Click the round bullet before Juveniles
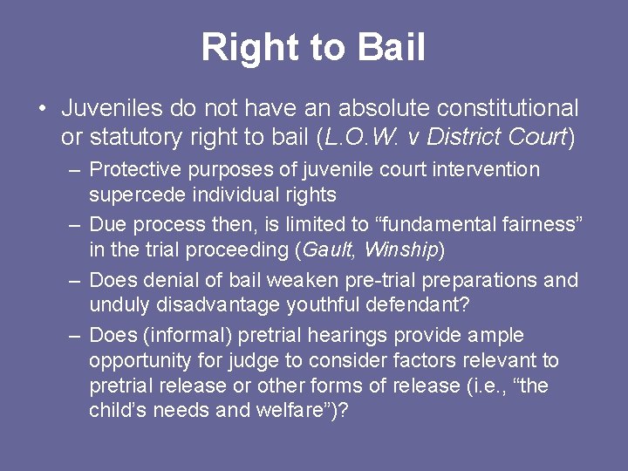coord(42,109)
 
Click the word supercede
coord(133,195)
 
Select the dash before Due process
coord(75,224)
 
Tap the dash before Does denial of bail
coord(75,280)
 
